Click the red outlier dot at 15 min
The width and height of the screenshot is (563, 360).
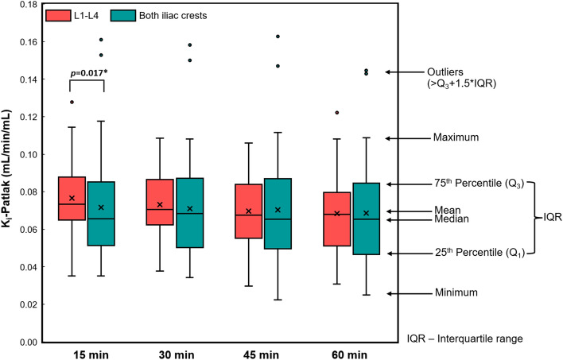[x=72, y=102]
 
